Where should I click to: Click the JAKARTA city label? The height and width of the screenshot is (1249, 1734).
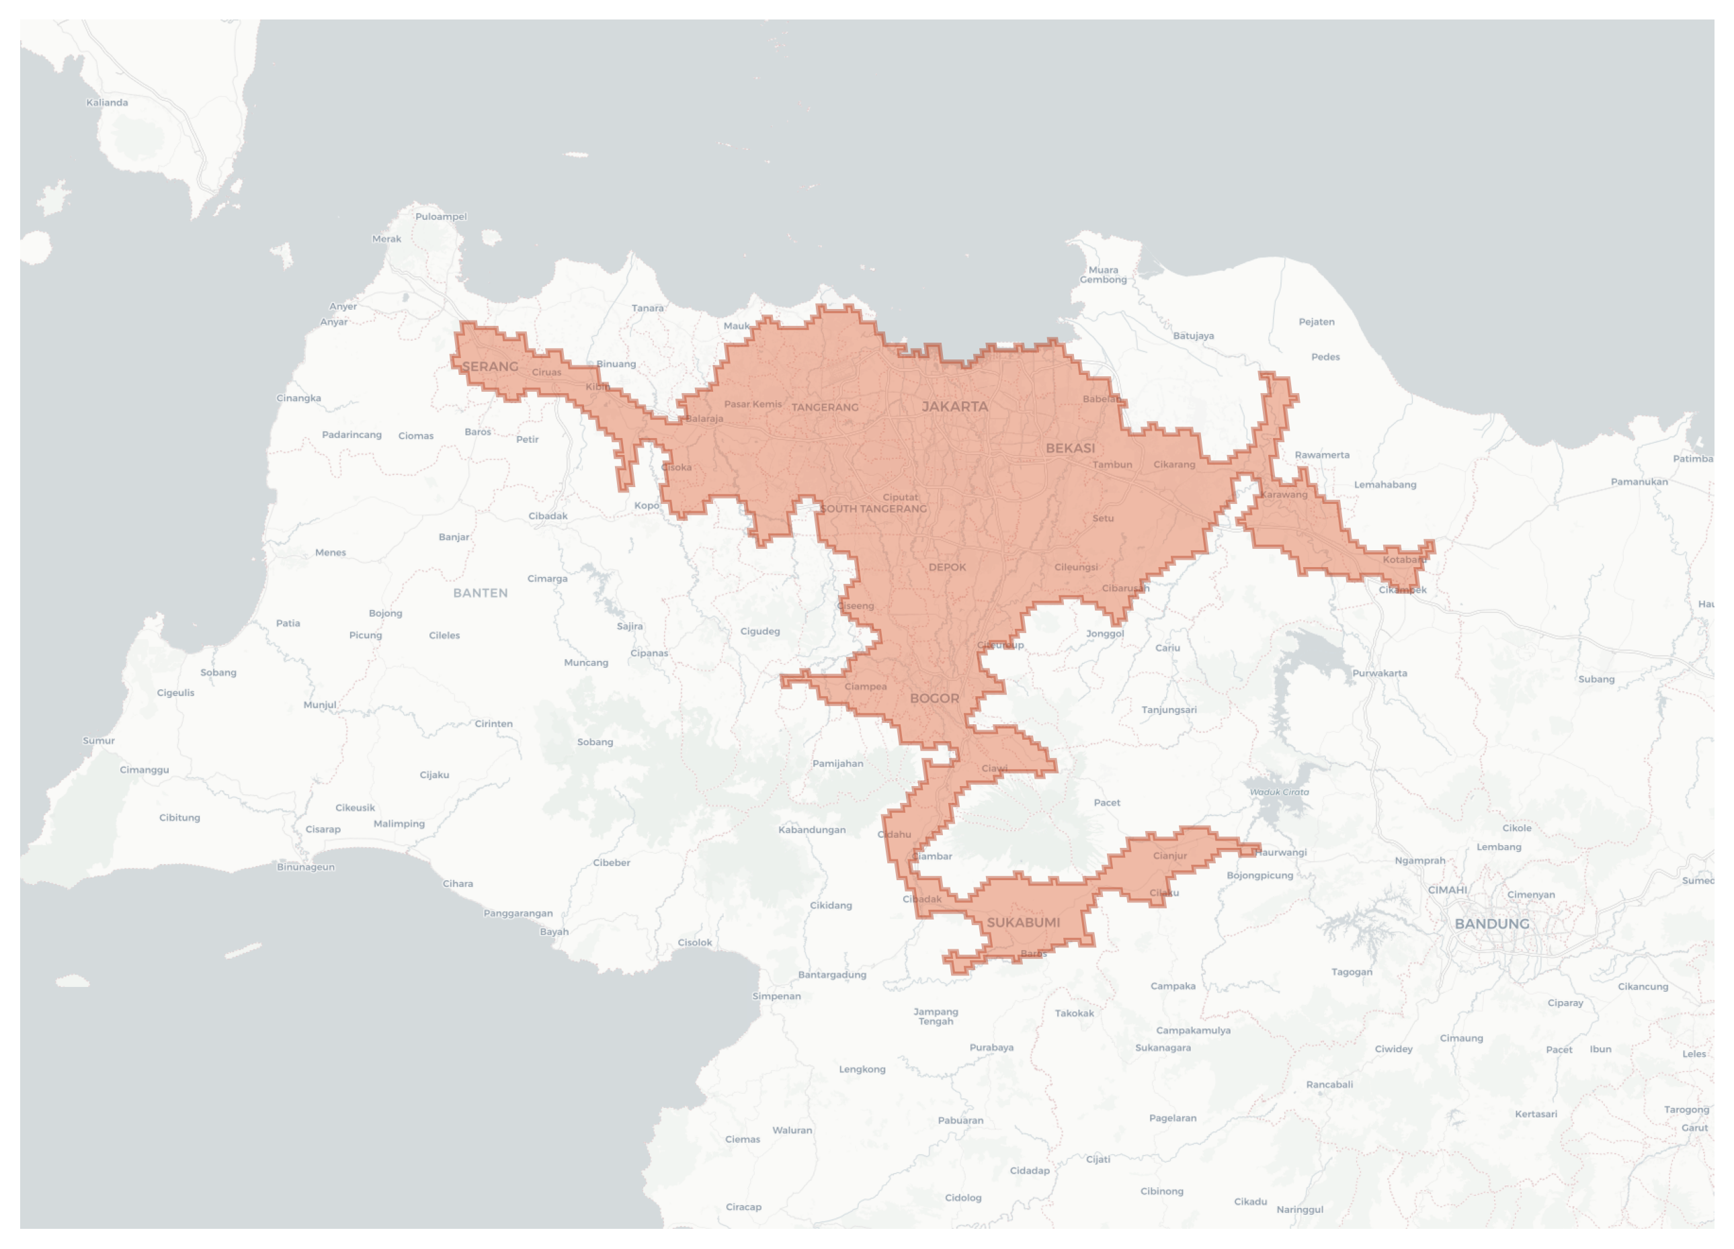click(x=954, y=406)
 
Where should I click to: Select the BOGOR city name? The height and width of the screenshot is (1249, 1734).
click(x=934, y=699)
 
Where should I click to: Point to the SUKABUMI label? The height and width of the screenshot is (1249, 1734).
click(x=1023, y=922)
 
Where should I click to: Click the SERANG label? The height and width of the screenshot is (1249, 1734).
click(x=490, y=367)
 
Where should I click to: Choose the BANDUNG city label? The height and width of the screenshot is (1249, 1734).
click(x=1491, y=924)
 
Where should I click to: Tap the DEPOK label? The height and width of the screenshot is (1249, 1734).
click(x=947, y=567)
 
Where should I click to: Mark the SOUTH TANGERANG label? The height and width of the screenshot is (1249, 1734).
click(x=873, y=509)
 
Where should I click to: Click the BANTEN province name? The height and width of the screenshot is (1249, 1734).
click(x=480, y=593)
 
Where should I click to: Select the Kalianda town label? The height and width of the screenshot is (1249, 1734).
click(x=107, y=102)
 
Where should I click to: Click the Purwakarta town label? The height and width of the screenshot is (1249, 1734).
click(x=1379, y=673)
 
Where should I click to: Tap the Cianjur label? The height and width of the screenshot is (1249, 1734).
click(x=1169, y=856)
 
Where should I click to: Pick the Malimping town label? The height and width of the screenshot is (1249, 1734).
click(x=399, y=824)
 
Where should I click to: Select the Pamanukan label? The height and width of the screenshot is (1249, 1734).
click(x=1639, y=482)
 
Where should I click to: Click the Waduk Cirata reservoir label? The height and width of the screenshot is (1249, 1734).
click(x=1279, y=792)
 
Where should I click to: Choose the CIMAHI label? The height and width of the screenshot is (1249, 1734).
click(x=1447, y=890)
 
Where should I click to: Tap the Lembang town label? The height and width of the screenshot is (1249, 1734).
click(x=1499, y=847)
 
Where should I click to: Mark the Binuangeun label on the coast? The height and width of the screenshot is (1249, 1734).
click(x=305, y=867)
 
